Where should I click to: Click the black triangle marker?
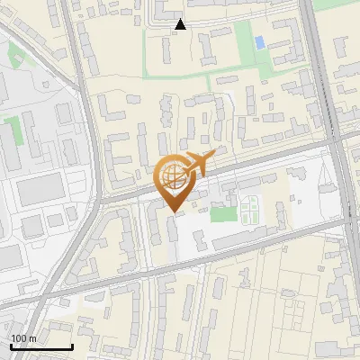point(181,24)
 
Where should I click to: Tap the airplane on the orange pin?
point(196,166)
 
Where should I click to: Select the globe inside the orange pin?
point(170,176)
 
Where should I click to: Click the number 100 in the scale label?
point(18,338)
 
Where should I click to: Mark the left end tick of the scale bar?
point(10,346)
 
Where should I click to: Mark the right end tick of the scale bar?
point(72,346)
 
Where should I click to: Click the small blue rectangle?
point(260,42)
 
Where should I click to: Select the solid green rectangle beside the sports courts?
point(221,214)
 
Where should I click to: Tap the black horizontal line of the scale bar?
point(40,347)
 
